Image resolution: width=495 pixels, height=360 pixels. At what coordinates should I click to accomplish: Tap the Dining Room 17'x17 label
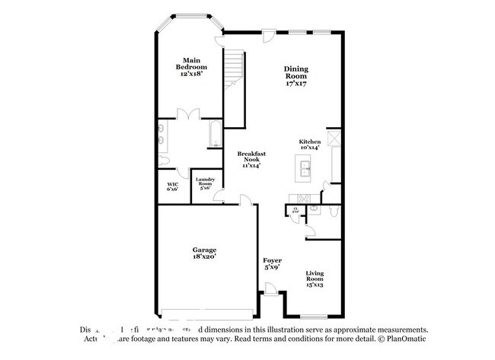tap(296, 76)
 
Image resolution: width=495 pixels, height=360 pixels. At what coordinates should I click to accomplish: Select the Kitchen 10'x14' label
tap(308, 145)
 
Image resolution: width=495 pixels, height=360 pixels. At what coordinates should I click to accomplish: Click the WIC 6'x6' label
tap(173, 186)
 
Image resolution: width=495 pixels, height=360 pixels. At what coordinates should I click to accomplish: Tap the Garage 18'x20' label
tap(204, 253)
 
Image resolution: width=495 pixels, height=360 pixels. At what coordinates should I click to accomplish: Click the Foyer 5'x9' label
tap(273, 264)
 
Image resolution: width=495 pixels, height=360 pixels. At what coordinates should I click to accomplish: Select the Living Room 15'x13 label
tap(315, 279)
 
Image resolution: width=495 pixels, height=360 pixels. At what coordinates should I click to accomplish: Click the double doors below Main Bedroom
tap(187, 114)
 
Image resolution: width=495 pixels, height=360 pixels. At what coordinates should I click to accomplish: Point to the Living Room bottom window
tap(312, 316)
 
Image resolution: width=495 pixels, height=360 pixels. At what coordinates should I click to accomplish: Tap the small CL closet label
tap(295, 209)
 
